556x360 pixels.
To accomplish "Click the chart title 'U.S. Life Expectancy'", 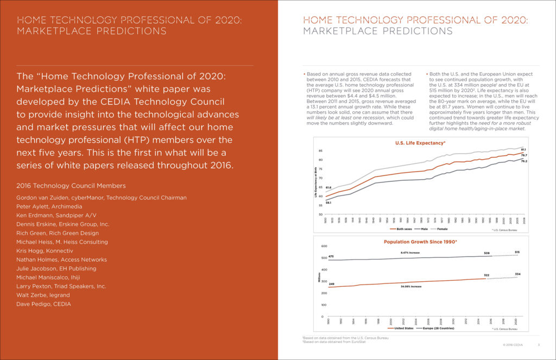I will click(x=419, y=143).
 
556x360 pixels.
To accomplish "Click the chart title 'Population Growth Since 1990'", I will click(x=420, y=242).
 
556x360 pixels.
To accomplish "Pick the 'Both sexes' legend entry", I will click(x=391, y=229).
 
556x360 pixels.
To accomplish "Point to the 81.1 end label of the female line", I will click(x=523, y=149).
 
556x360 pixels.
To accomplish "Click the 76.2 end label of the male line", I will click(x=523, y=161).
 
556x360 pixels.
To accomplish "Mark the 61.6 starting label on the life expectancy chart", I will click(x=328, y=187).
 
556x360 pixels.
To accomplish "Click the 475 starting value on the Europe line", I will click(x=331, y=256).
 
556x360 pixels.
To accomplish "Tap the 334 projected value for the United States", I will click(x=518, y=274).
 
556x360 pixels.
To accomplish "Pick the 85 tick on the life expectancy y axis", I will click(x=320, y=150).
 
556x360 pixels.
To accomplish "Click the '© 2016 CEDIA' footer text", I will click(x=512, y=344).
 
